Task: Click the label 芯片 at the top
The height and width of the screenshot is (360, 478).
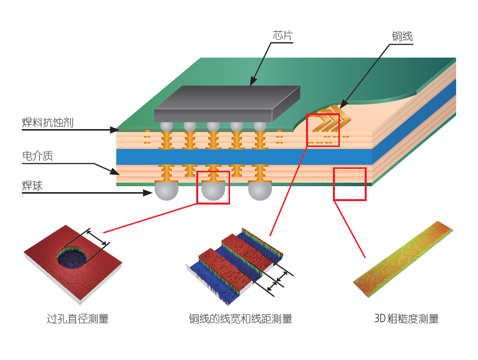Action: coord(283,36)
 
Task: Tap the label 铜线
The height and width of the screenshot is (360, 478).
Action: coord(402,36)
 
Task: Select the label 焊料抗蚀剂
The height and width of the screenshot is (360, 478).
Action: coord(48,122)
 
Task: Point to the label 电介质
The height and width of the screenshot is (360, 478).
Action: coord(37,156)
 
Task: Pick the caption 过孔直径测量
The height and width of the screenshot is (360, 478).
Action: coord(77,319)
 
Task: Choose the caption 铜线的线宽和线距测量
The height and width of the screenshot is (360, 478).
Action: coord(240,319)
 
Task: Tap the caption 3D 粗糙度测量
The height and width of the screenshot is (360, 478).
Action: coord(406,319)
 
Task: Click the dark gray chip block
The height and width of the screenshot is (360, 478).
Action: coord(226,104)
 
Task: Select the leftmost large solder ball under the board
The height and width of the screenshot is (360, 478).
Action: coord(166,190)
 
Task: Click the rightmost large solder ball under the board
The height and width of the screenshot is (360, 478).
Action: coord(260,190)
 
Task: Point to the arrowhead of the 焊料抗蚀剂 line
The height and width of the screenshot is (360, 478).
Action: coord(113,130)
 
